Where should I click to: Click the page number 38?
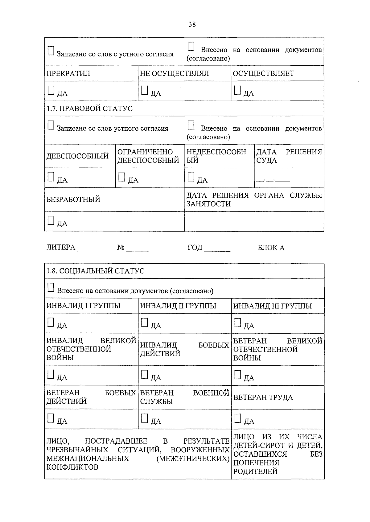[x=192, y=24]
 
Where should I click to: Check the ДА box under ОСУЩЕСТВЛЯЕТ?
[x=237, y=90]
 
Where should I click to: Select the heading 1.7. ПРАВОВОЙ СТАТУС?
[x=89, y=109]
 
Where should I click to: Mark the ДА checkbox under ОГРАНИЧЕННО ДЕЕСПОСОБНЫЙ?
[x=122, y=177]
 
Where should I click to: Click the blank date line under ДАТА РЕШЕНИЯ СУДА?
[x=273, y=180]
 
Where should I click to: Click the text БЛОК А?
[x=271, y=248]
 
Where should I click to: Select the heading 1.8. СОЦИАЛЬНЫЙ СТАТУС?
[x=95, y=271]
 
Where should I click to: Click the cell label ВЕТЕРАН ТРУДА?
[x=263, y=397]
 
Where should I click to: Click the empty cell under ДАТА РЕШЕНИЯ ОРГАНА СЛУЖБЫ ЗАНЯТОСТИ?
[x=254, y=221]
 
